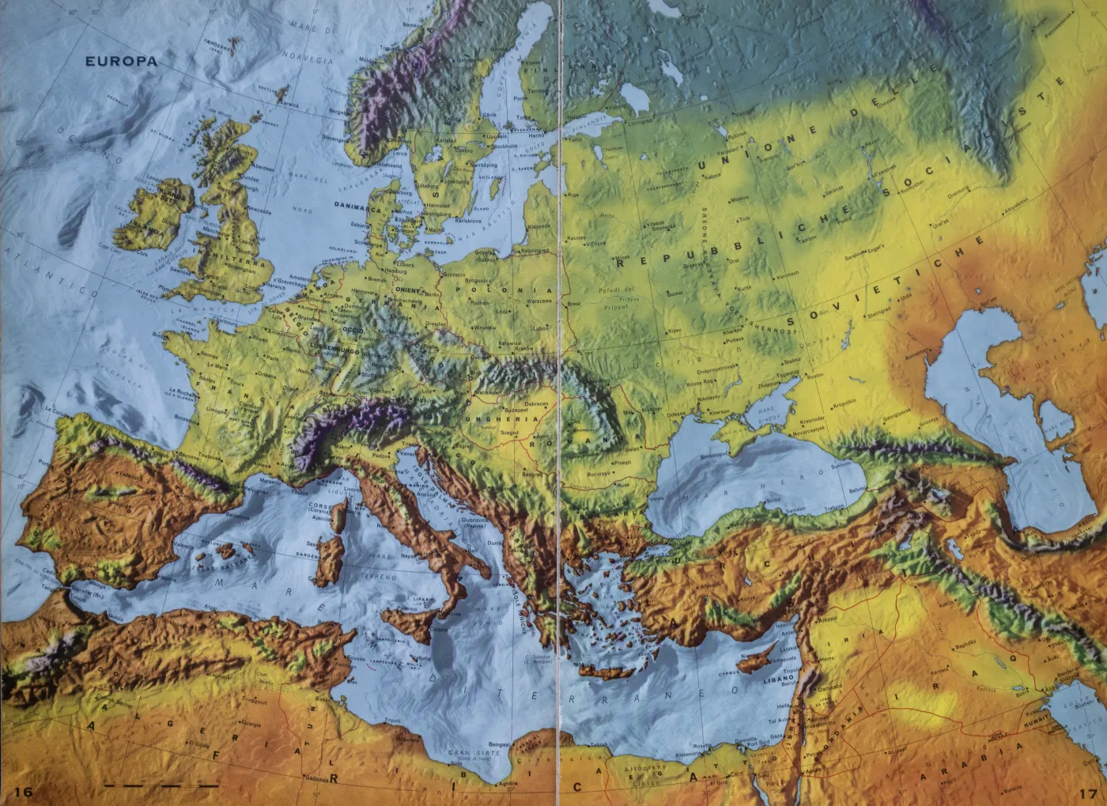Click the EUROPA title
click(x=122, y=61)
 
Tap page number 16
click(x=22, y=793)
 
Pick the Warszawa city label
click(x=538, y=301)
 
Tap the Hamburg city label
click(x=395, y=270)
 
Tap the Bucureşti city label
click(x=601, y=474)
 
